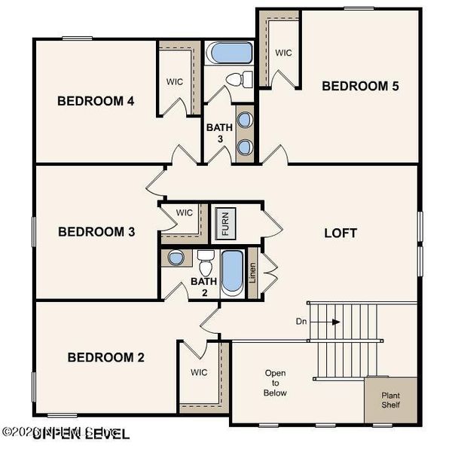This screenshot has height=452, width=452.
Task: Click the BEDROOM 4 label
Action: (x=96, y=101)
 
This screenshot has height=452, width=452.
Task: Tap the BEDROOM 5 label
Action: (x=360, y=86)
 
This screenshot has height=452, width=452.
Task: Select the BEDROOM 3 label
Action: (x=96, y=232)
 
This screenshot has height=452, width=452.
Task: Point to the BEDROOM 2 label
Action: (x=105, y=357)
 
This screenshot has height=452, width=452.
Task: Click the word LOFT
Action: (x=341, y=233)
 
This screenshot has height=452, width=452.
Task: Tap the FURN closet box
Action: (x=224, y=223)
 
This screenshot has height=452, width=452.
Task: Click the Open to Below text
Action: (x=275, y=383)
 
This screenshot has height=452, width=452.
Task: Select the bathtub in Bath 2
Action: (x=231, y=273)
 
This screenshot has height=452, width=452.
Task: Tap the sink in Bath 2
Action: (x=176, y=258)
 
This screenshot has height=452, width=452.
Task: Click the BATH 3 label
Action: (x=215, y=133)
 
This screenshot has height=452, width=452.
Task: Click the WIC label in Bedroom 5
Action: (x=283, y=53)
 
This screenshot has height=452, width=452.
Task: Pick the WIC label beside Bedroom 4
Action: (x=175, y=81)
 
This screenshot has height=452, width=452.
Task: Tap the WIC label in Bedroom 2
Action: (x=199, y=372)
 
